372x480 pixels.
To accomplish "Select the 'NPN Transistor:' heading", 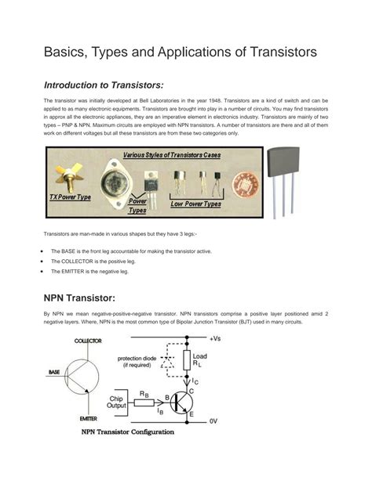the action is [x=79, y=298].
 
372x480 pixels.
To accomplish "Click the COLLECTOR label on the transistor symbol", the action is [x=88, y=341].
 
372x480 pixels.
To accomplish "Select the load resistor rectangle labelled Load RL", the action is [x=188, y=360].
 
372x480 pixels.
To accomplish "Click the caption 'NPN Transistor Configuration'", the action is [x=128, y=431].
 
